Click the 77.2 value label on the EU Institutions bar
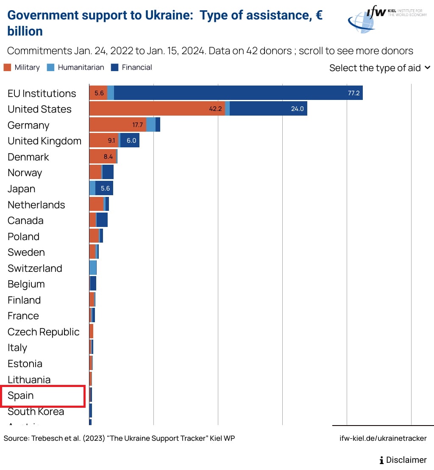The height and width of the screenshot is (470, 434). coord(353,93)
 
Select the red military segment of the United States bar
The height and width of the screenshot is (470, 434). coord(157,109)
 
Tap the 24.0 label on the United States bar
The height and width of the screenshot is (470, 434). coord(297,109)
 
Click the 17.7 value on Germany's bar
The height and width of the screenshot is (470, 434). coord(137,125)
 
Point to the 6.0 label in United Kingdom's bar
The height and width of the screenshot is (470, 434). coord(131,141)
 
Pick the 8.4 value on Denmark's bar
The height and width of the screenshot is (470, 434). coord(108,157)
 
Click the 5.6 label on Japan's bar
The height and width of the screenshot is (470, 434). coord(105,188)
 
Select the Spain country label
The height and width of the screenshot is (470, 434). coord(21,395)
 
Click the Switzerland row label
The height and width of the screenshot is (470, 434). coord(35,268)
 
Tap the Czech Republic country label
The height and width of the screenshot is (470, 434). coord(43,332)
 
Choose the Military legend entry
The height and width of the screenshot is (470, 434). coord(22,67)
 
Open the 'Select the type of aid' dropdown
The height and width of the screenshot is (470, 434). coord(380,68)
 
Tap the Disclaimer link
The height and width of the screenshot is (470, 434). coord(403,460)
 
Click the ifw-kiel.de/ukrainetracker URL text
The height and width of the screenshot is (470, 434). coord(383,438)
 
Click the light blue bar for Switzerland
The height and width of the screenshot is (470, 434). coord(93,268)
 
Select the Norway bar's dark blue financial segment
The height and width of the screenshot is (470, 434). coord(108,172)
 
